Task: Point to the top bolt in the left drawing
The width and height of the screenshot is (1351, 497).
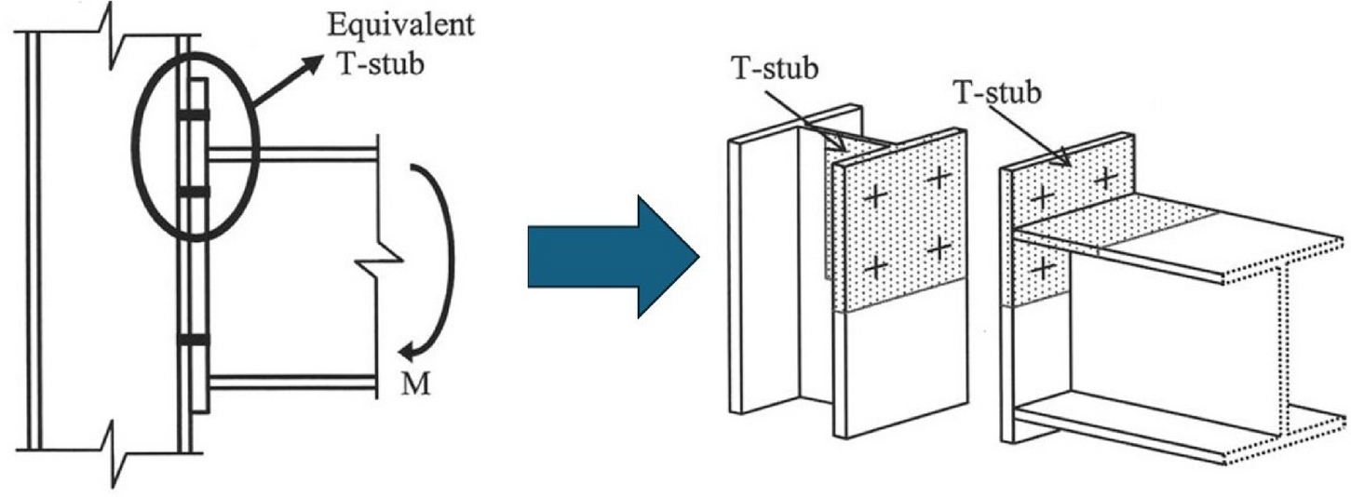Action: click(x=196, y=115)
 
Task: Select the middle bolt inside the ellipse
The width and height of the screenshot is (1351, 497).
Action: click(x=196, y=192)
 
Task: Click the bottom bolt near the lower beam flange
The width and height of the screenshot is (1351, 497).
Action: click(x=196, y=341)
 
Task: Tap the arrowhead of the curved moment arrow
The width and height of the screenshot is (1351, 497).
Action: click(x=406, y=350)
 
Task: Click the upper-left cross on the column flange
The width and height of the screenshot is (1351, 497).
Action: click(x=874, y=196)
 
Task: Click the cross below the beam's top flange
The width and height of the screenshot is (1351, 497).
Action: click(x=1044, y=269)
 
